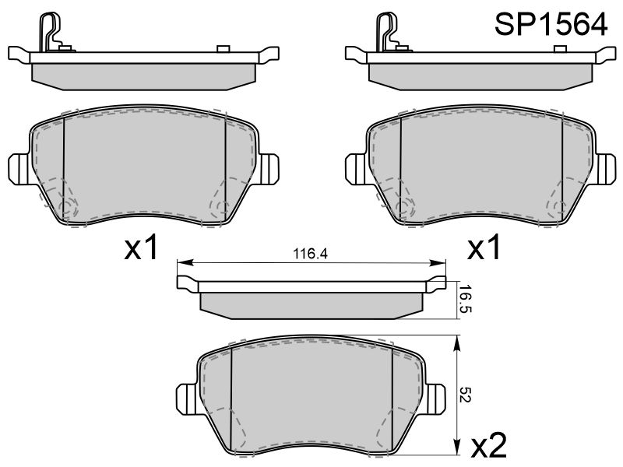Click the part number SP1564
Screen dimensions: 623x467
point(551,24)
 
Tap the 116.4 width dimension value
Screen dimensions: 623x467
point(310,254)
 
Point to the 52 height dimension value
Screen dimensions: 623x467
point(464,395)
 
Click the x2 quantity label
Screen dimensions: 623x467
point(489,445)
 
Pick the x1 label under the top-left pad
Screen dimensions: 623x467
point(141,247)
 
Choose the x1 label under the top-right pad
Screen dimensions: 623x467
point(484,247)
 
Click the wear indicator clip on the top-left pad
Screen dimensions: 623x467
point(51,32)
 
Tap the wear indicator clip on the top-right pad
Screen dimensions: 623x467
point(388,32)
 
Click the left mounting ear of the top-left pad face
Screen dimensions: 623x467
point(19,169)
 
